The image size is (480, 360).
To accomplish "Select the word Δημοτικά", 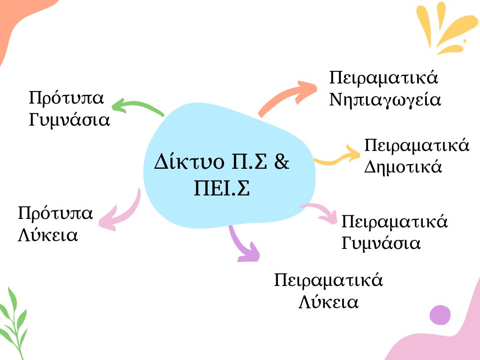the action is tap(403, 167).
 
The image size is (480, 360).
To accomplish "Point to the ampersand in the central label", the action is tap(281, 161).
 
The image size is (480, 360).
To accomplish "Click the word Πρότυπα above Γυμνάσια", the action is tap(67, 98).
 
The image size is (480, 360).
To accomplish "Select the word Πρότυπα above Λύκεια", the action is tap(55, 213).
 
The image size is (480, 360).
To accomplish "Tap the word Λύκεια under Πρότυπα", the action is tap(48, 235).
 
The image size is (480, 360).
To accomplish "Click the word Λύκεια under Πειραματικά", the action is tap(329, 302).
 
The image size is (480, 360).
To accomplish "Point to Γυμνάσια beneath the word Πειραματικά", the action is tap(381, 243).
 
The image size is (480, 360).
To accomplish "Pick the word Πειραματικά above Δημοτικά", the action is tap(417, 145).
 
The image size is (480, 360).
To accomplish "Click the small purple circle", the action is tap(440, 315).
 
